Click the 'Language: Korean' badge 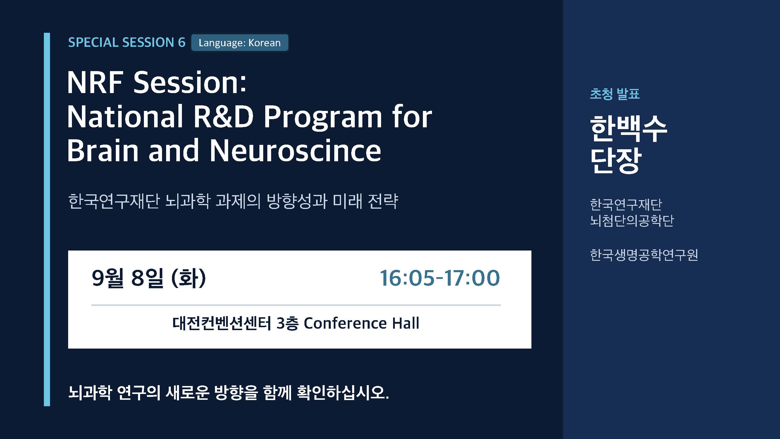click(x=240, y=43)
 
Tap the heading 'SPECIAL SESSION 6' click(x=127, y=42)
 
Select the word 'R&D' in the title click(x=223, y=117)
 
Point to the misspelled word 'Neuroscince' click(x=295, y=150)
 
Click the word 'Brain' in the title click(x=103, y=150)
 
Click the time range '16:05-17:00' click(x=439, y=278)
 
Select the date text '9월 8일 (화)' click(x=149, y=278)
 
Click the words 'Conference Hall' click(x=361, y=323)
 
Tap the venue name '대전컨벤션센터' click(x=221, y=323)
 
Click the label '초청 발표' click(x=615, y=94)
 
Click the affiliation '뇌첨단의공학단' click(x=632, y=220)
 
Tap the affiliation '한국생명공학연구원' click(x=644, y=255)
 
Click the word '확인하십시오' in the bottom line click(x=342, y=393)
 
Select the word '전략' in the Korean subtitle click(x=383, y=201)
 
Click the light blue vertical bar click(x=47, y=219)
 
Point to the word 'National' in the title click(x=125, y=117)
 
